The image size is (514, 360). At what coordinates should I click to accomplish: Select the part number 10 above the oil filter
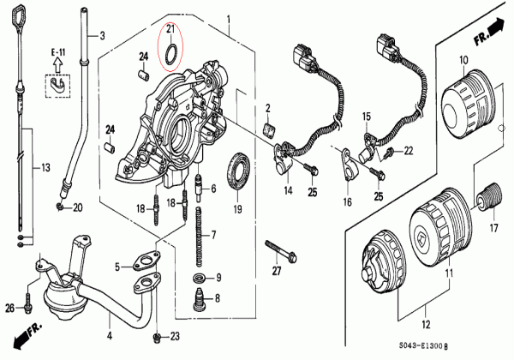point(463,59)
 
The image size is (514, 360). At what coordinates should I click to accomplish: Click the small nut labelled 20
point(59,207)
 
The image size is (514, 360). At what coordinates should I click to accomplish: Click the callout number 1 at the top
point(229,18)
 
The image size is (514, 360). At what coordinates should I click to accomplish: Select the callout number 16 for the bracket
point(348,203)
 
